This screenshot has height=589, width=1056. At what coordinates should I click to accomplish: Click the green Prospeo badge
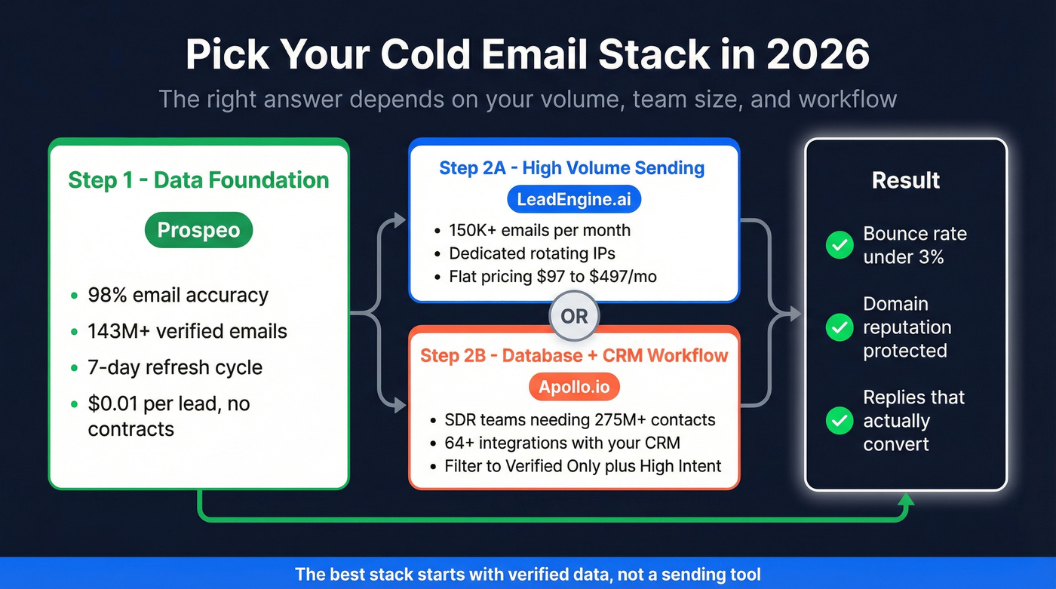(198, 230)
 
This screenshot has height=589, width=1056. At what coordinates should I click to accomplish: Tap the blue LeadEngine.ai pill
(574, 199)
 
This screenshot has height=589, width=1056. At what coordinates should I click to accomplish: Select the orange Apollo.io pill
(574, 387)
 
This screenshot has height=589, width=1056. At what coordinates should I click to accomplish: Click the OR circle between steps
(574, 316)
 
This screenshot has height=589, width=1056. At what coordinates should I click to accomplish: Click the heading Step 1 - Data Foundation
(198, 180)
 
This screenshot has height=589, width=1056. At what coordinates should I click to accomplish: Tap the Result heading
(906, 180)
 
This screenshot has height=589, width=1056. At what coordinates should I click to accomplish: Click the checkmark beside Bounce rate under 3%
(840, 245)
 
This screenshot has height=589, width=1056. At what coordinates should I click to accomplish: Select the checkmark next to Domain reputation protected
(840, 327)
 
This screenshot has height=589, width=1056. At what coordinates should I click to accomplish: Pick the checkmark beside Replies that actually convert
(840, 420)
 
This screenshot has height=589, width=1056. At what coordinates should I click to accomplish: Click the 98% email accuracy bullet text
(178, 296)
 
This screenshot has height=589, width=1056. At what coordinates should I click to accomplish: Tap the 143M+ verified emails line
(187, 331)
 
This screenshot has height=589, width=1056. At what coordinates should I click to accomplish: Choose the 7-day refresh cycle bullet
(175, 367)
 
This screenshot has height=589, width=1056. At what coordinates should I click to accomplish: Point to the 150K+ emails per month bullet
(540, 230)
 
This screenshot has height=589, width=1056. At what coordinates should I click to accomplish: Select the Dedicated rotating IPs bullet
(532, 253)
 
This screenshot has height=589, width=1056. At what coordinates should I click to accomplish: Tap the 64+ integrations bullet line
(563, 443)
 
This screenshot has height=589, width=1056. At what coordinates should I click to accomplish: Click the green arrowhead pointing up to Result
(906, 499)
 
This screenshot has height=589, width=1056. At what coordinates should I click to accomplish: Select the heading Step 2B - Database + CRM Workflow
(574, 356)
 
